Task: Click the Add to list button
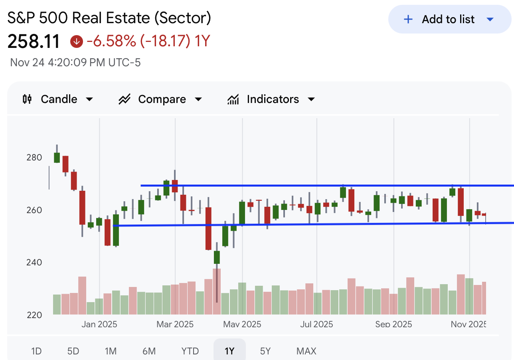tap(449, 19)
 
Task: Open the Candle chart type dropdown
tap(58, 99)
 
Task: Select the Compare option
tap(160, 99)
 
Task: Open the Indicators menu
tap(271, 99)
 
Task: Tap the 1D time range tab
tap(36, 351)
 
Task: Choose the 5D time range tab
tap(73, 351)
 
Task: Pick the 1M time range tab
tap(111, 351)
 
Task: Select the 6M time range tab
tap(149, 351)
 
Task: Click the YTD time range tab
tap(190, 351)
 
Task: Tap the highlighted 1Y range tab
tap(229, 351)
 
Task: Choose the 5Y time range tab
tap(265, 351)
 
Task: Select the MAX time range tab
tap(306, 351)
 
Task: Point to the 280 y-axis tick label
tap(34, 157)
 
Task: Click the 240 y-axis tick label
tap(34, 263)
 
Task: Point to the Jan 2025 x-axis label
tap(99, 324)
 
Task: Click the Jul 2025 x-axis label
tap(317, 324)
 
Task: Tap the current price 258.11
tap(34, 42)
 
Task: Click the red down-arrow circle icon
tap(76, 41)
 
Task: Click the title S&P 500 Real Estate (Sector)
tap(109, 18)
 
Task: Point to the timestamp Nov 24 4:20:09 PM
tap(75, 63)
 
